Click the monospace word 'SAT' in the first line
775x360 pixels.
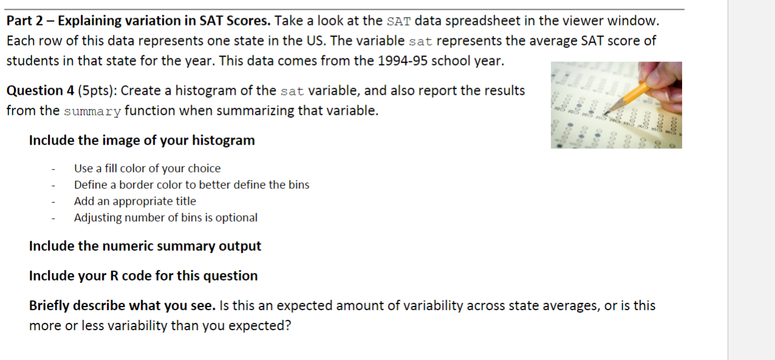(x=399, y=21)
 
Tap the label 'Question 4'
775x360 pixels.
(x=40, y=91)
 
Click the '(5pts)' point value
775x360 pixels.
(x=97, y=91)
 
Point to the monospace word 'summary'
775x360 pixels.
(x=92, y=112)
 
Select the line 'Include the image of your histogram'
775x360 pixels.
(x=142, y=141)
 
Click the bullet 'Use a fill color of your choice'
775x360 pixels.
(x=147, y=169)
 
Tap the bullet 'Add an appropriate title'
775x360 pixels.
(x=135, y=201)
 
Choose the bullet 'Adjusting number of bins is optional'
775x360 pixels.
(x=166, y=217)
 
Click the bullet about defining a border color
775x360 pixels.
(x=192, y=185)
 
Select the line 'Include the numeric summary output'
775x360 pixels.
(x=145, y=246)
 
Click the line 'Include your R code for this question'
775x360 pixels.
(x=143, y=276)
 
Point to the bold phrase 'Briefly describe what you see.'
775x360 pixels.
(x=122, y=306)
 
